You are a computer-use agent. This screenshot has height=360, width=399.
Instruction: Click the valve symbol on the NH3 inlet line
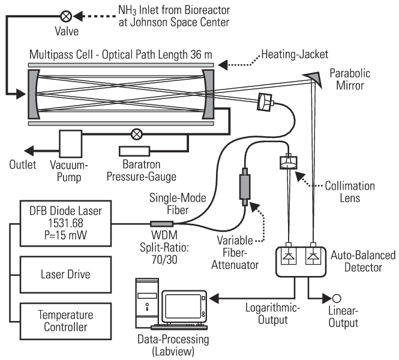[x=66, y=16]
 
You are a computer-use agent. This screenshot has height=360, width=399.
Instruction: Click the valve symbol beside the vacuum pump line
[x=137, y=134]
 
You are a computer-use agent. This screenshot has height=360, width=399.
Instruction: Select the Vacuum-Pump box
[x=71, y=144]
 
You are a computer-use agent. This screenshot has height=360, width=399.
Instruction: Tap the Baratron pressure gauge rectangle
[x=134, y=151]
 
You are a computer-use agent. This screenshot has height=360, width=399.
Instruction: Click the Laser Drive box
[x=65, y=275]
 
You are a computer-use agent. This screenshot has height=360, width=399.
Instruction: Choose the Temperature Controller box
[x=65, y=321]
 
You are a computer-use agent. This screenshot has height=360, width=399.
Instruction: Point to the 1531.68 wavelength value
[x=65, y=223]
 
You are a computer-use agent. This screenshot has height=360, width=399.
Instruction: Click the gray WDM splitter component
[x=161, y=224]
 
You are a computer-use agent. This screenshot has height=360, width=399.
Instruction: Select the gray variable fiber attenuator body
[x=245, y=187]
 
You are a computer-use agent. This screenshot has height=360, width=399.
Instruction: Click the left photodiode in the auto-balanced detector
[x=289, y=256]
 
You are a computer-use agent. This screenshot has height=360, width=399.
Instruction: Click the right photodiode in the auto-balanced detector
[x=313, y=256]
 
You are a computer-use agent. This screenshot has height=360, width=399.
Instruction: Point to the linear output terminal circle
[x=337, y=298]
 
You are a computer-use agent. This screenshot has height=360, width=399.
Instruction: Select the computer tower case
[x=147, y=303]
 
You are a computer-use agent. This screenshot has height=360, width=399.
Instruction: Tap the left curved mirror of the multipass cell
[x=34, y=94]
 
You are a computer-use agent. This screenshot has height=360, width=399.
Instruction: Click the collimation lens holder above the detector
[x=289, y=163]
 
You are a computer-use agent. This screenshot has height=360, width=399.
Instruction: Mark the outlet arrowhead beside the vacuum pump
[x=29, y=151]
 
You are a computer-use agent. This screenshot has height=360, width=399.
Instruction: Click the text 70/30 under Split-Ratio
[x=164, y=260]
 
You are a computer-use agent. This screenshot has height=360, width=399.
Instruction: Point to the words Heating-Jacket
[x=295, y=55]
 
